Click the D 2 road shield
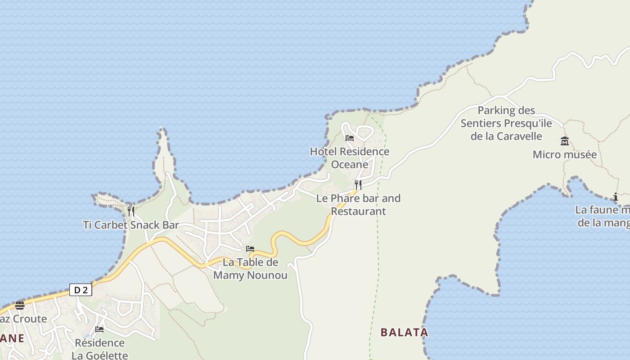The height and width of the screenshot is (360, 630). coord(81,290)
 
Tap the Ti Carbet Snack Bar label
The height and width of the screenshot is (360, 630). coord(131,225)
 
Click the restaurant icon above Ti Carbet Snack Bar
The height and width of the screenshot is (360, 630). coord(131,211)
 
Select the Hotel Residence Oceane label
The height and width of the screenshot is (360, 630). coord(350,158)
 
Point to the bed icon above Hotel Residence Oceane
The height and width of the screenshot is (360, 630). coord(350,138)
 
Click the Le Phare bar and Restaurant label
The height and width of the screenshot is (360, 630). coord(358,205)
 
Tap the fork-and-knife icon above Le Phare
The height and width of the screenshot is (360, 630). coord(358,184)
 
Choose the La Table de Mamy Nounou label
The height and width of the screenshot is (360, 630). coord(250,269)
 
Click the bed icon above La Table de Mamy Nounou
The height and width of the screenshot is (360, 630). coord(250,248)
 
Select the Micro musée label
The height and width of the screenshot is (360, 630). coord(565,155)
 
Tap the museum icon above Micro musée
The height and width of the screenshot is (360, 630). coord(565,141)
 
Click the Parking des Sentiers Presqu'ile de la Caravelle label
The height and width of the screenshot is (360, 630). coord(506,123)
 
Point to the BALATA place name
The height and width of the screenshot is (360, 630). coord(404,333)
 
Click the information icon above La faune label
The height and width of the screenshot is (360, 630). coord(616,197)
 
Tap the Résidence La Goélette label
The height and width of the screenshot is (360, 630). coord(99,349)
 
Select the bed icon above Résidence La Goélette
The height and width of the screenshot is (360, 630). coord(99,329)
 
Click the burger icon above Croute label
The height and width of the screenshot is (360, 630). coord(20,306)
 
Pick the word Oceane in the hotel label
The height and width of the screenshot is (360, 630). coord(350,165)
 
